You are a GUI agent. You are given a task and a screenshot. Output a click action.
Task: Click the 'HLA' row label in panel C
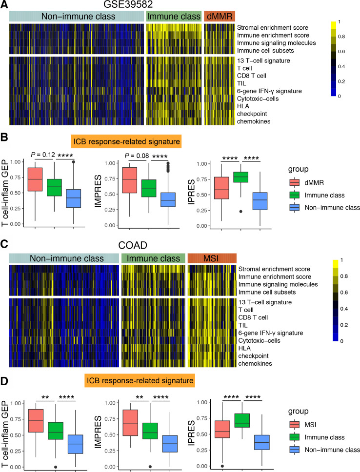click(x=242, y=348)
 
